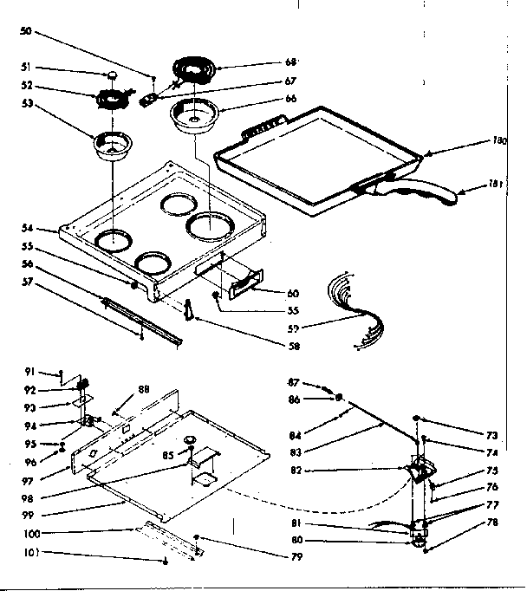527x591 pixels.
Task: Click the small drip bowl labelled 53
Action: pyautogui.click(x=113, y=145)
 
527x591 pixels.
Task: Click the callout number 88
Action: pyautogui.click(x=145, y=390)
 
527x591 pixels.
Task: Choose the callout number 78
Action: pyautogui.click(x=491, y=523)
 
